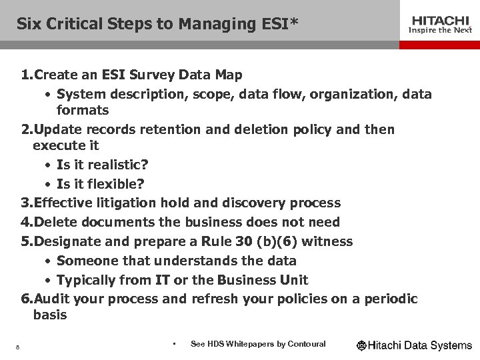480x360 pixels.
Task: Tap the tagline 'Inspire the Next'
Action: [x=439, y=30]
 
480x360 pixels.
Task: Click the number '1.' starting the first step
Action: [x=27, y=75]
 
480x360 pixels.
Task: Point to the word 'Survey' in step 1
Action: [x=137, y=75]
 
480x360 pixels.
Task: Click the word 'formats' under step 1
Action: [x=83, y=109]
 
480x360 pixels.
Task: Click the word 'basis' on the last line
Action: [x=50, y=315]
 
